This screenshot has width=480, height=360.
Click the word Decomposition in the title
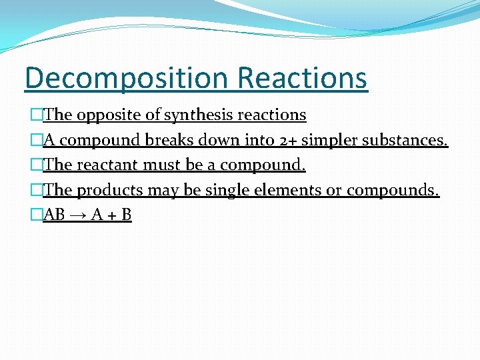point(126,79)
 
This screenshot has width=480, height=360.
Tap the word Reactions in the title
point(302,77)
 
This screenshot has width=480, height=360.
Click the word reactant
point(110,165)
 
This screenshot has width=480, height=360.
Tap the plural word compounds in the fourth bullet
point(393,191)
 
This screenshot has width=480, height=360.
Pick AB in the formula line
point(54,215)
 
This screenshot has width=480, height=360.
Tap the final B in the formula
point(126,215)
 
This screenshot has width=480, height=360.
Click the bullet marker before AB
point(37,215)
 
